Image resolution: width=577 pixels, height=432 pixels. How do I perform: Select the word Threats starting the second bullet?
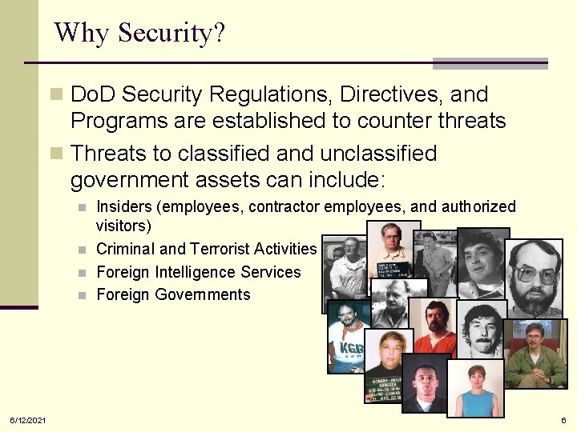click(111, 153)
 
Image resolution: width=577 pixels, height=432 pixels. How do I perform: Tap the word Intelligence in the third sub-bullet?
click(200, 272)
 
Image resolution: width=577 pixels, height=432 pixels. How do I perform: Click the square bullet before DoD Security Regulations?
click(55, 95)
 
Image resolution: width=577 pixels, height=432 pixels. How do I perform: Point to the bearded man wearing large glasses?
click(535, 277)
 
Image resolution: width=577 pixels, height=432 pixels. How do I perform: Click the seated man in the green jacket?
click(535, 353)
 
